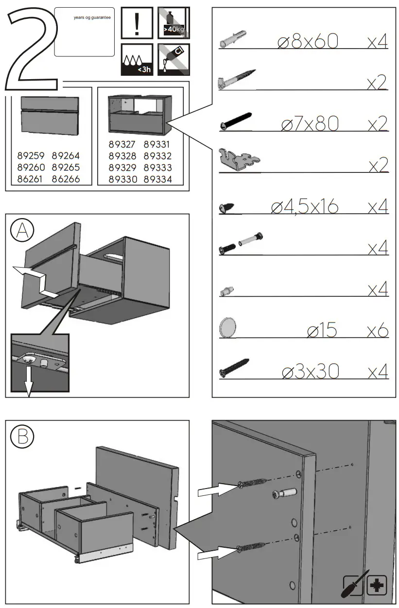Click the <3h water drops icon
[x=137, y=60]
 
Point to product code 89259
[x=31, y=156]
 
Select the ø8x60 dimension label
[x=307, y=42]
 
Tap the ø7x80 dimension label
[x=310, y=124]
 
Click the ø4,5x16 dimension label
[x=304, y=207]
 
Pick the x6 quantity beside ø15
[x=378, y=331]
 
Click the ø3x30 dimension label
[x=310, y=372]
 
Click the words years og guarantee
[x=92, y=17]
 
